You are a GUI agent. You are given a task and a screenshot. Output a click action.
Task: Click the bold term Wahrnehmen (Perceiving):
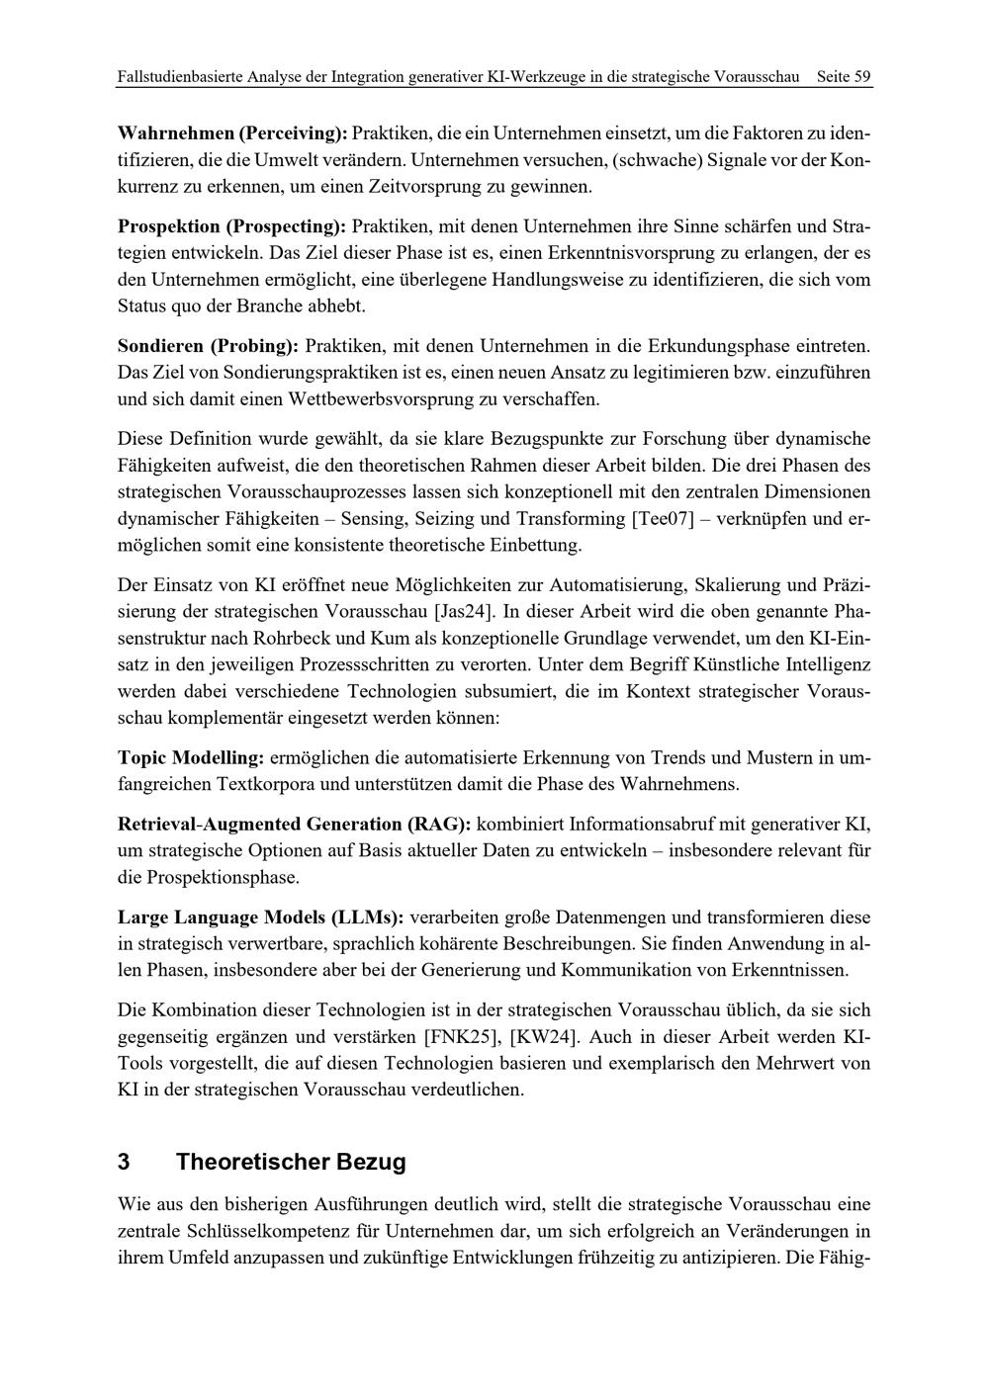click(232, 132)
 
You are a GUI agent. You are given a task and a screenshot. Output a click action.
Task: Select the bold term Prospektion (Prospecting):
click(232, 226)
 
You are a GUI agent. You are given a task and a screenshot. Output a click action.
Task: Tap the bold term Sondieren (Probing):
click(208, 347)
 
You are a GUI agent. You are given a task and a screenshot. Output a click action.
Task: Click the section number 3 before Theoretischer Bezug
click(125, 1162)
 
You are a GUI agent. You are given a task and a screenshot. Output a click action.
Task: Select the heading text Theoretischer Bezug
click(291, 1162)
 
